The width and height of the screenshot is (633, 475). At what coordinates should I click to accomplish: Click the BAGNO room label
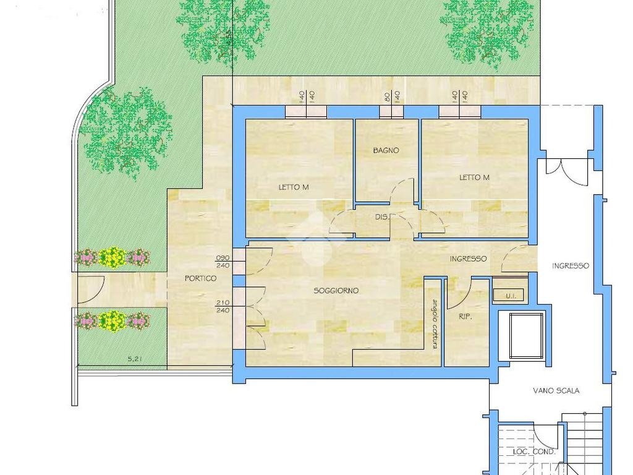(386, 150)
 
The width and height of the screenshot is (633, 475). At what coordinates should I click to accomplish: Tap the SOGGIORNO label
(336, 291)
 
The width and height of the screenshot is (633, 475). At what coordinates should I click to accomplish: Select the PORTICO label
(201, 278)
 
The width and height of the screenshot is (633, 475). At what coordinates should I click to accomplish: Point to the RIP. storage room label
(465, 317)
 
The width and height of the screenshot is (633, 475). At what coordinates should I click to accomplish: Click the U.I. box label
(511, 296)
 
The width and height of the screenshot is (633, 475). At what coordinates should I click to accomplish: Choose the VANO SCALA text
(556, 391)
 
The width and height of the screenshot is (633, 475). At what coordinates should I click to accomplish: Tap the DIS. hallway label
(383, 217)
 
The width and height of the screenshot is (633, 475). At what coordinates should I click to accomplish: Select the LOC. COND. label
(533, 451)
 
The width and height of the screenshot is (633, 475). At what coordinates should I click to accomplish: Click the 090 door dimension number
(223, 258)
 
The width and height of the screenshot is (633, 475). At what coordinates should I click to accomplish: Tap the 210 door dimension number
(223, 302)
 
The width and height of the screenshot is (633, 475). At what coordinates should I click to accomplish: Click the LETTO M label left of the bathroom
(294, 187)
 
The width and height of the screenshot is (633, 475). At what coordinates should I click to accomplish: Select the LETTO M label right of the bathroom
(474, 178)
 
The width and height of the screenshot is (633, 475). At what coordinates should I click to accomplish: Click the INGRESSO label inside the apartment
(469, 259)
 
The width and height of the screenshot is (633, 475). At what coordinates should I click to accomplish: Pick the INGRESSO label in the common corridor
(571, 266)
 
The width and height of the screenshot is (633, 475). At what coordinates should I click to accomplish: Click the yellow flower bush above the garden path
(112, 257)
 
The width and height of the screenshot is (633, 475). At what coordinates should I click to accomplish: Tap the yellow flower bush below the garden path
(112, 320)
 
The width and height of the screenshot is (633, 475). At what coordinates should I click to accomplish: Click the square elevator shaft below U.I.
(524, 336)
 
